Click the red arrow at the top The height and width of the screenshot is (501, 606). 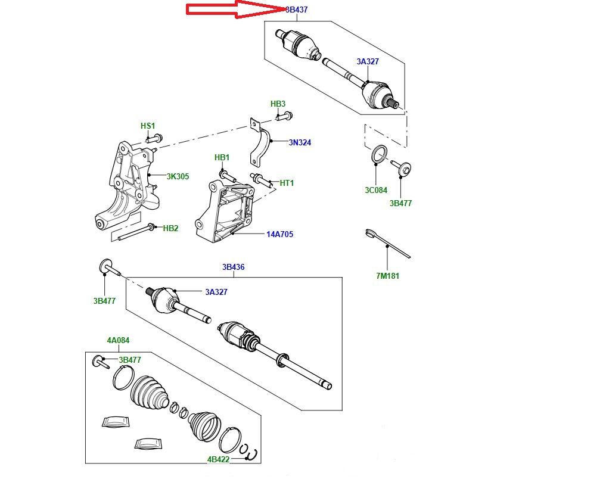click(x=235, y=10)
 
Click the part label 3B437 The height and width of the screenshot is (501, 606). click(x=297, y=10)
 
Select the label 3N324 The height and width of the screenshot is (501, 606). click(x=300, y=143)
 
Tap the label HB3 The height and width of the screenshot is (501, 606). click(x=278, y=104)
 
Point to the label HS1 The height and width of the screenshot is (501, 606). click(x=148, y=126)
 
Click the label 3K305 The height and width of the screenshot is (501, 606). click(x=178, y=176)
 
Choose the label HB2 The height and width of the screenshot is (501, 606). click(x=171, y=228)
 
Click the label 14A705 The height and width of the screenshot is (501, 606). click(x=279, y=234)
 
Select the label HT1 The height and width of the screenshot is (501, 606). click(x=287, y=183)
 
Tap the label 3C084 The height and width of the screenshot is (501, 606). click(x=376, y=191)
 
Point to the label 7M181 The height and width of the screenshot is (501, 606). click(x=387, y=276)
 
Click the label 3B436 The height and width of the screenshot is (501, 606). click(x=234, y=267)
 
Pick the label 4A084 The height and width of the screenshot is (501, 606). click(x=118, y=341)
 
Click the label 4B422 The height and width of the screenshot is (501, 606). click(x=219, y=459)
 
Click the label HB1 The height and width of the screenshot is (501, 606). click(x=222, y=158)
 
